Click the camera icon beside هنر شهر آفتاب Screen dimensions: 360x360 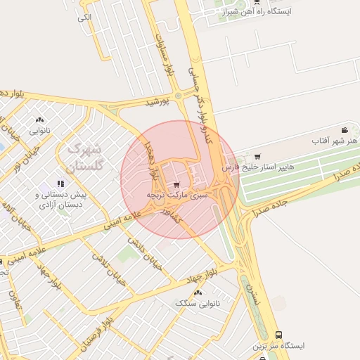click(x=344, y=130)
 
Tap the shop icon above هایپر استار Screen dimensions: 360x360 click(x=257, y=156)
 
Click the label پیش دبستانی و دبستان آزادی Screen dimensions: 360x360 click(x=61, y=199)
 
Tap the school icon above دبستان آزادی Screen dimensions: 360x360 click(x=60, y=184)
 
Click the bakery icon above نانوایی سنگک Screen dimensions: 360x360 click(x=197, y=292)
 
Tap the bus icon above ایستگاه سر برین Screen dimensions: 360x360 click(x=280, y=335)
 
